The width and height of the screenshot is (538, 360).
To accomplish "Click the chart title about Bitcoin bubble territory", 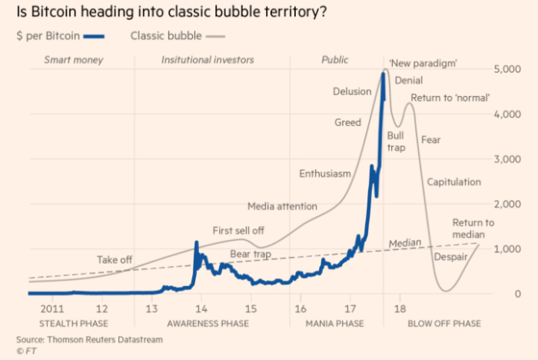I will click(x=174, y=13).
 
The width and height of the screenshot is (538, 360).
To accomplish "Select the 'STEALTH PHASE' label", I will click(x=73, y=324).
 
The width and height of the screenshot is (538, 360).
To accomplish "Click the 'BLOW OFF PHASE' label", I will click(x=445, y=324).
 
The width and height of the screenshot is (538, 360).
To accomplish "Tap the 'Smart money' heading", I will click(x=73, y=60).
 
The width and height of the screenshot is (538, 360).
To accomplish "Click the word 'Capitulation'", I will click(x=453, y=182).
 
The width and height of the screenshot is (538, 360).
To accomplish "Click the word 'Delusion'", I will click(x=352, y=92).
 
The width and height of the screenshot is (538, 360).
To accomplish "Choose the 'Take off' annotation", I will click(x=113, y=260).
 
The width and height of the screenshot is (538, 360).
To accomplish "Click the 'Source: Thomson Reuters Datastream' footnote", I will click(x=90, y=339).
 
